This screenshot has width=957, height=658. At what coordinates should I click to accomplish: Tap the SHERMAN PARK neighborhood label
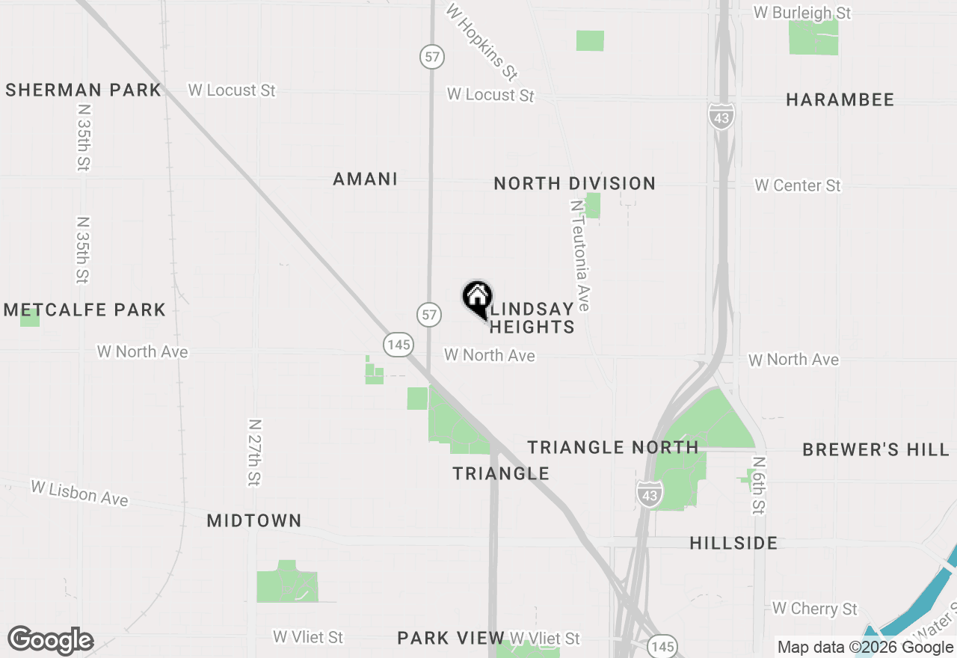83,90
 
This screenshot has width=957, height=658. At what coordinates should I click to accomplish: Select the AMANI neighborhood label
366,179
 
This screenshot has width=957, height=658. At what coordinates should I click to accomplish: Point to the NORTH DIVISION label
575,183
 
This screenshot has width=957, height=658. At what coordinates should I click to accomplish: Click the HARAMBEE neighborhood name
840,100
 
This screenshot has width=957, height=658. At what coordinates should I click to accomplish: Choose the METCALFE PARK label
84,310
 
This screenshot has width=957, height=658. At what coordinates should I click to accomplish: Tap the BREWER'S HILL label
876,449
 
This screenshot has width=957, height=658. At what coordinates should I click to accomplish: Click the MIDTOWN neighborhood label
254,520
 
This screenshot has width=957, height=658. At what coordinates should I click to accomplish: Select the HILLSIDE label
733,543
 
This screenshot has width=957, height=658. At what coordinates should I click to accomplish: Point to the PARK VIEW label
451,638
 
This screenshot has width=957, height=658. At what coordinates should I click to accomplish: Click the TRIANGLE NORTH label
613,447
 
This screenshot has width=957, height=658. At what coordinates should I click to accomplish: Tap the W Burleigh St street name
802,13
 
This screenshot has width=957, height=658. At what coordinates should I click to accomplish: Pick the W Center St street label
798,185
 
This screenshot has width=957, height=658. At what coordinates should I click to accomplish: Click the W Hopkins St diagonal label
481,42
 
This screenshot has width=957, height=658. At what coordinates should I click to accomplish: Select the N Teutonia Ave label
580,255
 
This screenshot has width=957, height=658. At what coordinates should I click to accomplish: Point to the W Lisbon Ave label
79,493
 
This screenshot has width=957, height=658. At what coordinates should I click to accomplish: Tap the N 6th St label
759,486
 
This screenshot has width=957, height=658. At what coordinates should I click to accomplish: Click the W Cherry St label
815,609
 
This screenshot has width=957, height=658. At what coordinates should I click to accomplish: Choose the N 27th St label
254,452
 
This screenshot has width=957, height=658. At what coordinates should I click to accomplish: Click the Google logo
50,641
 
